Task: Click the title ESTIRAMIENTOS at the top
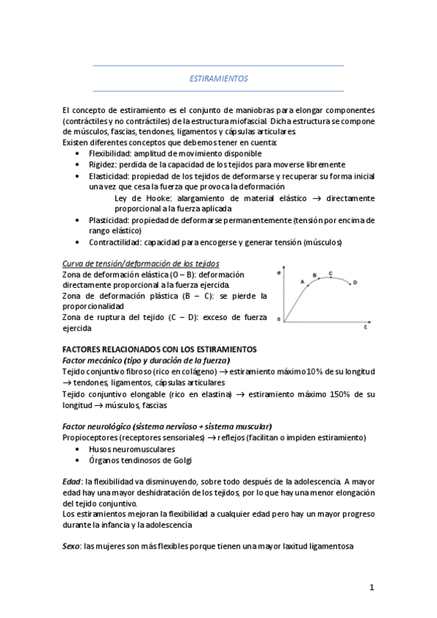[218, 78]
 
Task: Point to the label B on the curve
[314, 275]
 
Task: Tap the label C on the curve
[330, 273]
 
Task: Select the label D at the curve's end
[355, 282]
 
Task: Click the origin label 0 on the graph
[278, 319]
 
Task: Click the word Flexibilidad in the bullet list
[110, 154]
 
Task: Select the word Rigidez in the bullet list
[102, 165]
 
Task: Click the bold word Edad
[71, 482]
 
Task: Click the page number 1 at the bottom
[371, 587]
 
